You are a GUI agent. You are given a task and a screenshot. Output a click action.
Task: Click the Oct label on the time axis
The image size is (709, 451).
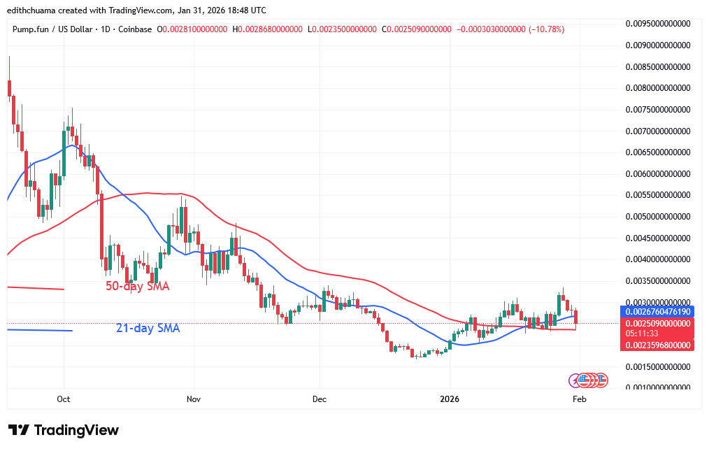coord(64,399)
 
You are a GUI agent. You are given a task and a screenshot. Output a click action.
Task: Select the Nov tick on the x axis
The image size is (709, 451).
coord(194,399)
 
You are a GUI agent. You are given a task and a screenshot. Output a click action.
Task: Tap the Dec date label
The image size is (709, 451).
coord(319,399)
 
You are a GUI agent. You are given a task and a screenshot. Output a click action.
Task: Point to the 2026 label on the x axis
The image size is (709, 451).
coord(450,399)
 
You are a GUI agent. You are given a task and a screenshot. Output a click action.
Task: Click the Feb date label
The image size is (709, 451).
coord(579,399)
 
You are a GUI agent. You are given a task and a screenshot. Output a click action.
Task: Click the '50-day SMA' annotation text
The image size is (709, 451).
coord(138,287)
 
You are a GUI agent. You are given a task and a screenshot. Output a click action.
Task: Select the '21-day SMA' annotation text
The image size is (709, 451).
coord(148,327)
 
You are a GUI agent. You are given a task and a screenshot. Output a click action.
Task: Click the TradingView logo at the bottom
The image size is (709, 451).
coord(64,430)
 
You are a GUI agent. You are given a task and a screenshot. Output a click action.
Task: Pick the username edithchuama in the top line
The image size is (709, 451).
coord(33,10)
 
